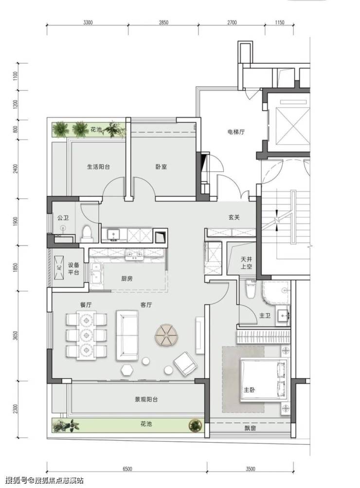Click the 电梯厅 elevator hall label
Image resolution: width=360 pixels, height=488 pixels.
pyautogui.click(x=235, y=132)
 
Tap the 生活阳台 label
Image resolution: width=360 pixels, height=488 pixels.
pyautogui.click(x=98, y=167)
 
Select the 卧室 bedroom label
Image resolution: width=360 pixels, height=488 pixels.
pyautogui.click(x=161, y=167)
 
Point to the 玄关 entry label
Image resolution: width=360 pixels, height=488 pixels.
pyautogui.click(x=234, y=217)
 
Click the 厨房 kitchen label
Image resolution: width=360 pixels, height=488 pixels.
pyautogui.click(x=127, y=279)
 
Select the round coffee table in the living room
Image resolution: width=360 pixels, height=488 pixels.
pyautogui.click(x=167, y=335)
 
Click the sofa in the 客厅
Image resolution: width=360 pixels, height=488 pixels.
pyautogui.click(x=127, y=336)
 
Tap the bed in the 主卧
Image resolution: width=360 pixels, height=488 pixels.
pyautogui.click(x=264, y=380)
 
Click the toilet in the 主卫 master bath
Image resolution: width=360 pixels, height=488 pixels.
pyautogui.click(x=251, y=289)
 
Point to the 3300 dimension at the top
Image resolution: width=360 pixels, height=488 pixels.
pyautogui.click(x=89, y=22)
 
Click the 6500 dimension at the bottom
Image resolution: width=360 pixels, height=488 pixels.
pyautogui.click(x=127, y=469)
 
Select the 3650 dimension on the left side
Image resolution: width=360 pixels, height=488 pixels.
pyautogui.click(x=16, y=336)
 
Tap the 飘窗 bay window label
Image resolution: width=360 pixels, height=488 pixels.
pyautogui.click(x=250, y=428)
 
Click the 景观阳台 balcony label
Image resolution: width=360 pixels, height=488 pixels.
pyautogui.click(x=146, y=399)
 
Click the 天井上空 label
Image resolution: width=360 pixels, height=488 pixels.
pyautogui.click(x=247, y=263)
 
